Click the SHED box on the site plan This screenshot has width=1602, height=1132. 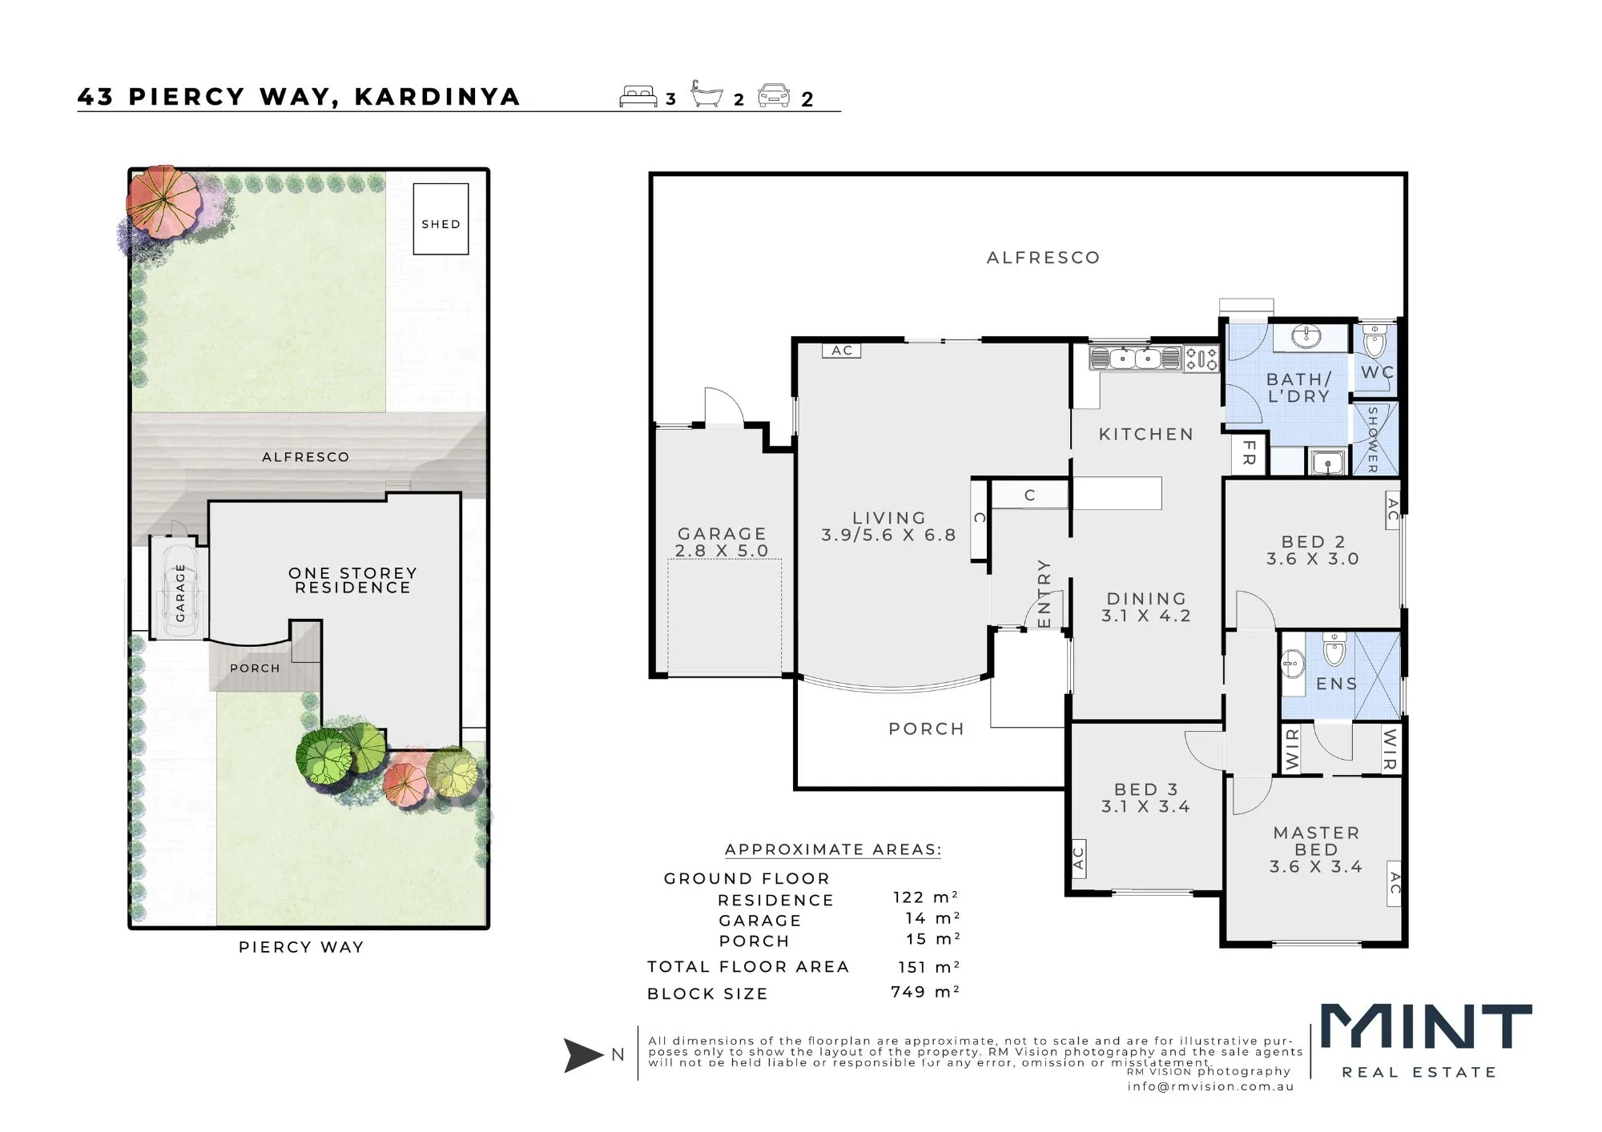tap(441, 219)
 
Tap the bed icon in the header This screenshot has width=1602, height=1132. tap(638, 96)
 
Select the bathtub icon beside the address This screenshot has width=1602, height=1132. tap(706, 94)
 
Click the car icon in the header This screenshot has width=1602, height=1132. tap(774, 95)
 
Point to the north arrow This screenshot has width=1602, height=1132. tap(583, 1055)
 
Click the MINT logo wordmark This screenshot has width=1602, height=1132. tap(1426, 1026)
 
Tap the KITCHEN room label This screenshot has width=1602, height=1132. tap(1146, 434)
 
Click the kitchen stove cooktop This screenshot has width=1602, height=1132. tap(1201, 358)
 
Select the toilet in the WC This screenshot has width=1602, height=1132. tap(1375, 340)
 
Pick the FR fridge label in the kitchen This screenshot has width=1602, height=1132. tap(1249, 453)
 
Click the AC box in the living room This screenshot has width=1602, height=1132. tap(842, 350)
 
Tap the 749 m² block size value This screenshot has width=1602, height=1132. tap(925, 992)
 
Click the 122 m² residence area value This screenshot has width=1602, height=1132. tap(926, 897)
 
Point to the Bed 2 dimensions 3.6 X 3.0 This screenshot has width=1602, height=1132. tap(1313, 559)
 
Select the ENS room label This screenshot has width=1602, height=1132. tap(1337, 684)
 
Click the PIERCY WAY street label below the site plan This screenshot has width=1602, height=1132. tap(301, 947)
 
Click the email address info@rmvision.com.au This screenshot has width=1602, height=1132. tap(1210, 1086)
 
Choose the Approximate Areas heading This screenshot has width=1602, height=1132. tap(833, 849)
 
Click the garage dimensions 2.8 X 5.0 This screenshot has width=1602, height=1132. tap(722, 551)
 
